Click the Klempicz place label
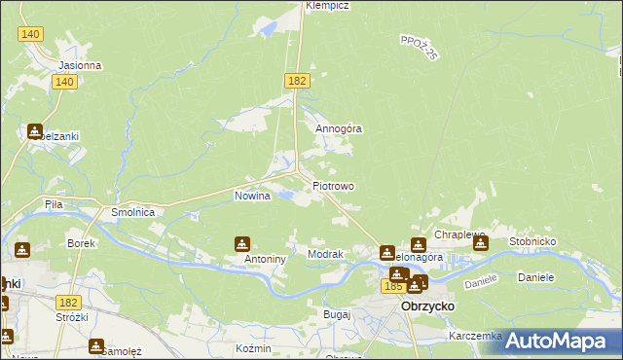[327, 6]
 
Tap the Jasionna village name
[80, 66]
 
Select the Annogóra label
[339, 127]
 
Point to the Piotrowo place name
[334, 186]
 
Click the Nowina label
[251, 196]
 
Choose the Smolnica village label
[133, 211]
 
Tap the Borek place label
[81, 242]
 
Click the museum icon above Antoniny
[242, 243]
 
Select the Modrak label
[326, 254]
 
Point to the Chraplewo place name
[460, 235]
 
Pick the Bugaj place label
[336, 315]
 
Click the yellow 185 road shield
[393, 287]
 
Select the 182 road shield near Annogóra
[298, 81]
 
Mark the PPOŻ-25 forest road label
[420, 47]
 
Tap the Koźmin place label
[252, 347]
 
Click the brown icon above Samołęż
[96, 345]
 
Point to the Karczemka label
[475, 336]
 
